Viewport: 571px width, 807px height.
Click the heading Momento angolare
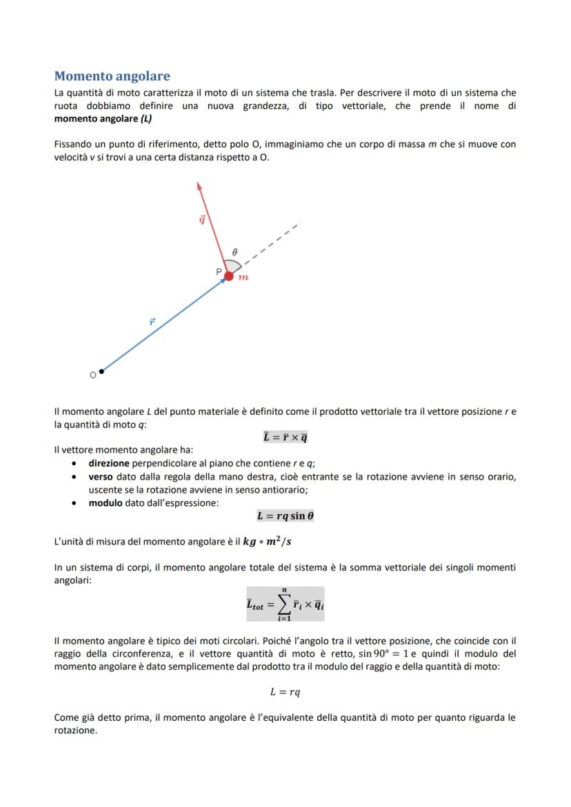pyautogui.click(x=112, y=76)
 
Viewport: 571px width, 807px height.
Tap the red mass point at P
pyautogui.click(x=229, y=276)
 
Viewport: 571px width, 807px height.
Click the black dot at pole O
pyautogui.click(x=101, y=371)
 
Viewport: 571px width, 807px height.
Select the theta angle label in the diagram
pyautogui.click(x=234, y=252)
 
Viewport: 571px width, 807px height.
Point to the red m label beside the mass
pyautogui.click(x=243, y=278)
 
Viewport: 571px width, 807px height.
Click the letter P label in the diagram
pyautogui.click(x=219, y=272)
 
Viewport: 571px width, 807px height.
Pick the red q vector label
pyautogui.click(x=201, y=219)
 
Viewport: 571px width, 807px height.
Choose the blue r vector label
pyautogui.click(x=152, y=321)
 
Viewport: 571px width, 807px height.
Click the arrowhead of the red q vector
pyautogui.click(x=199, y=185)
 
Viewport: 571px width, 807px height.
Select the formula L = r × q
pyautogui.click(x=285, y=437)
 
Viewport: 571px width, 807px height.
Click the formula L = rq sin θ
pyautogui.click(x=285, y=515)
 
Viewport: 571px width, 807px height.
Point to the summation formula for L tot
pyautogui.click(x=285, y=604)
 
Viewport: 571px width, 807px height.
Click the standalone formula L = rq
pyautogui.click(x=285, y=692)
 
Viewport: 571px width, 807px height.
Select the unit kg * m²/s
pyautogui.click(x=267, y=542)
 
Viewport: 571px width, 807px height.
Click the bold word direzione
pyautogui.click(x=109, y=463)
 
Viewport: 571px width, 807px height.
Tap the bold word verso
pyautogui.click(x=101, y=476)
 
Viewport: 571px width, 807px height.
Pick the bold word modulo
pyautogui.click(x=106, y=502)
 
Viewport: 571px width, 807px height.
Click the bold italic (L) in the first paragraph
pyautogui.click(x=146, y=119)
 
